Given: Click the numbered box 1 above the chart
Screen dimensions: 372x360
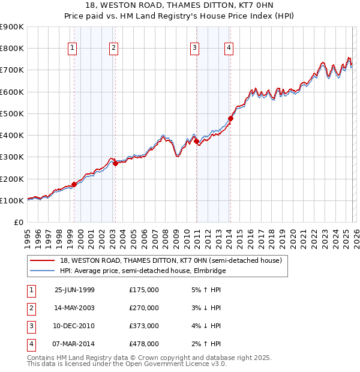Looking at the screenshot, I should [73, 49].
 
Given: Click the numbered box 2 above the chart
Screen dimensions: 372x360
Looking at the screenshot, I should [113, 49].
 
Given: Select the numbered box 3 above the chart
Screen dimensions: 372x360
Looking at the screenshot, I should [195, 49].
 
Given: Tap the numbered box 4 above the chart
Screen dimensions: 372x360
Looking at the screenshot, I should [229, 49].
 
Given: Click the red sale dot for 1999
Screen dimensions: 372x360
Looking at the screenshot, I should [74, 184].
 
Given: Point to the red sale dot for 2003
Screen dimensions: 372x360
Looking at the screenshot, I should [115, 163].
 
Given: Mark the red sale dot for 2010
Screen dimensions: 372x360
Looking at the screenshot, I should [196, 141].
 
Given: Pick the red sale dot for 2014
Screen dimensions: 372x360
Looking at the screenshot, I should [230, 118].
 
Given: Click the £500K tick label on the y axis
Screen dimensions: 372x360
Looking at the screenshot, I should [11, 113].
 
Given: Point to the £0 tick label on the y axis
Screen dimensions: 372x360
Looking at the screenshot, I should [18, 222].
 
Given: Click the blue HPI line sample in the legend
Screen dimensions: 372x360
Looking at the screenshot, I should [42, 271].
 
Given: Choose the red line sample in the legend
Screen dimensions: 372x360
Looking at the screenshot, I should [42, 260].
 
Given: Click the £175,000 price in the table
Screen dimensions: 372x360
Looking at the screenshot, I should [144, 290].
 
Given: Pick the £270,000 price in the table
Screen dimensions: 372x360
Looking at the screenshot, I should [144, 308].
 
